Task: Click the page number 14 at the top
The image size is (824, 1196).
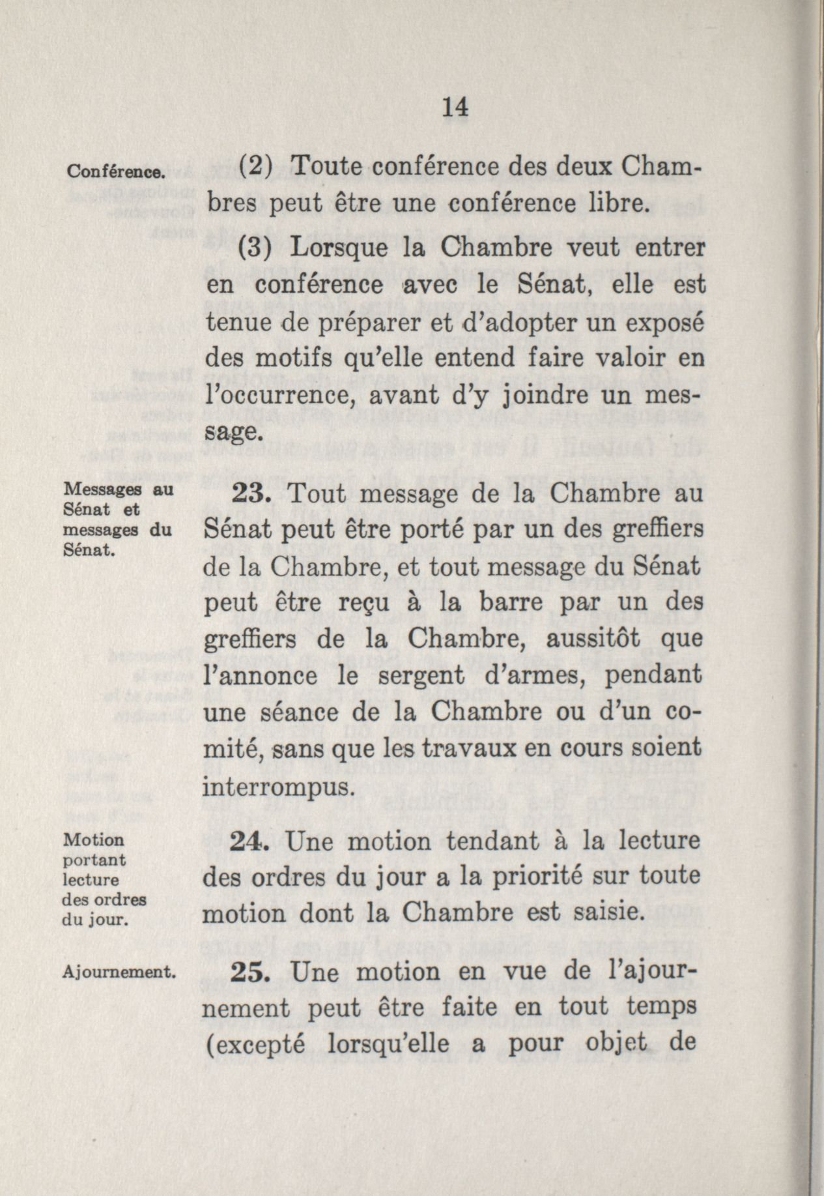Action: coord(455,107)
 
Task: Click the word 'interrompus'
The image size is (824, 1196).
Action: coord(279,787)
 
